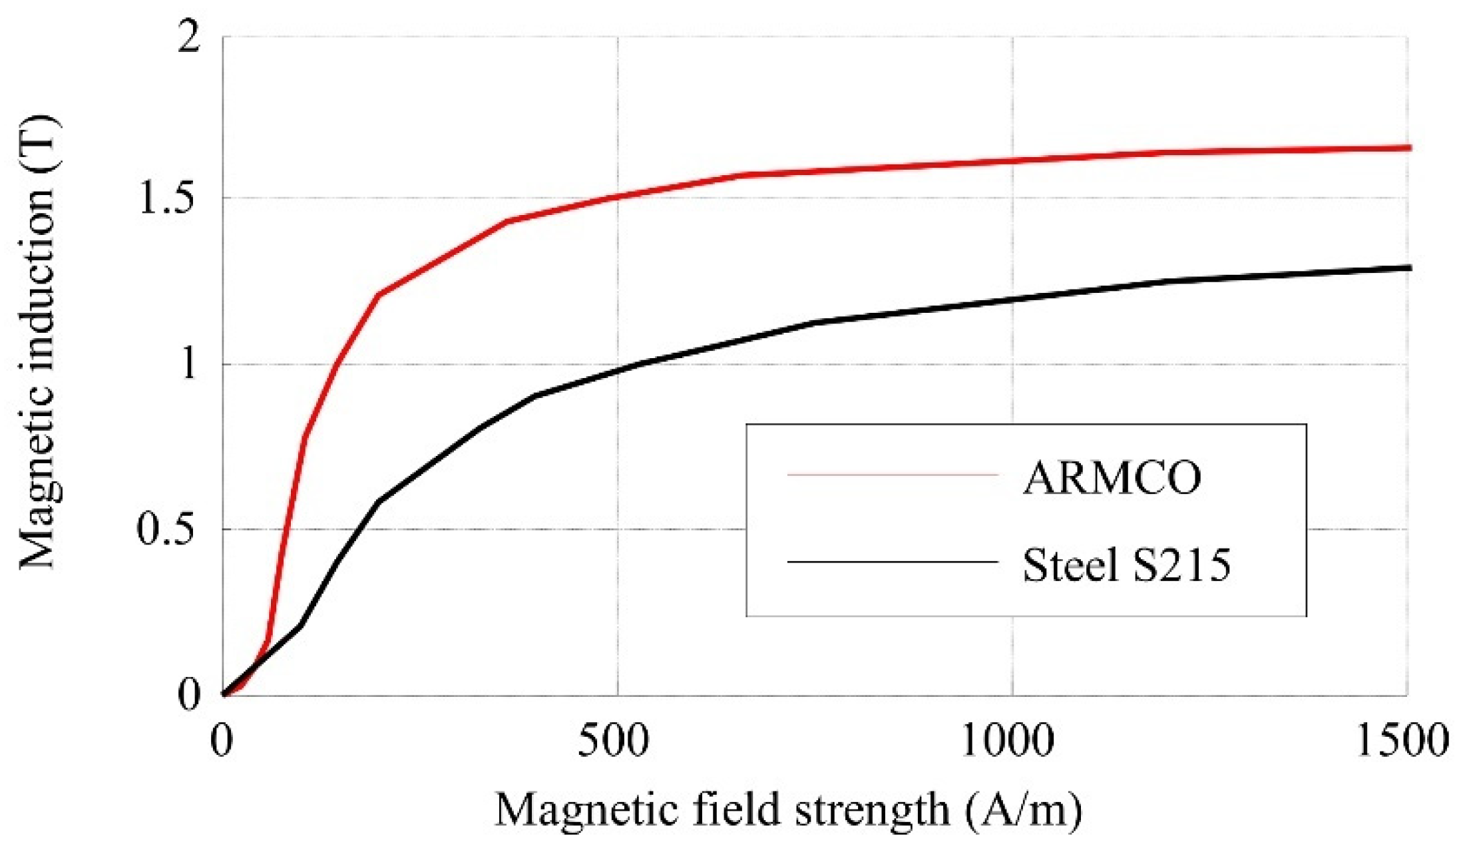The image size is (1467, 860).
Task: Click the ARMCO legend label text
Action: click(1112, 478)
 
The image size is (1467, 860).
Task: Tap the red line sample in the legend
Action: click(893, 475)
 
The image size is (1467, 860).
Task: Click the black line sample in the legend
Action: click(893, 562)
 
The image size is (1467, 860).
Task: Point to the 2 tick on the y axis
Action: click(189, 37)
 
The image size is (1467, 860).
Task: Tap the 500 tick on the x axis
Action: click(612, 741)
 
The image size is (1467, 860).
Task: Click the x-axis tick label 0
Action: click(222, 741)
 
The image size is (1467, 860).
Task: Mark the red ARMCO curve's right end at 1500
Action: click(1408, 148)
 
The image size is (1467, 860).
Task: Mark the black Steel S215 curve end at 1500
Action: click(1408, 268)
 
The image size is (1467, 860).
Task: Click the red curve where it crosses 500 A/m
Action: click(618, 196)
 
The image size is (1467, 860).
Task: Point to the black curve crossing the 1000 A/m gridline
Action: click(1012, 300)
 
